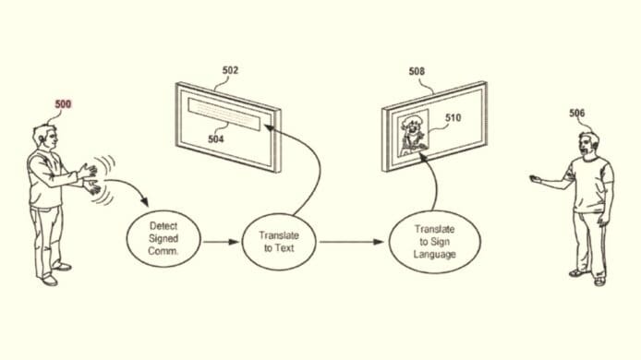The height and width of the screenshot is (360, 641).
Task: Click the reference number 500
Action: click(63, 104)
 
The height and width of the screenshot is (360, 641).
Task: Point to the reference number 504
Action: click(214, 138)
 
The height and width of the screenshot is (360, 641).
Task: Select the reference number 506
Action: click(577, 113)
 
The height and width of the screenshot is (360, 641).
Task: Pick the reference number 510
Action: click(454, 117)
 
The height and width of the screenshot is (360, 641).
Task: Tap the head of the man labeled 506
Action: click(588, 143)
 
